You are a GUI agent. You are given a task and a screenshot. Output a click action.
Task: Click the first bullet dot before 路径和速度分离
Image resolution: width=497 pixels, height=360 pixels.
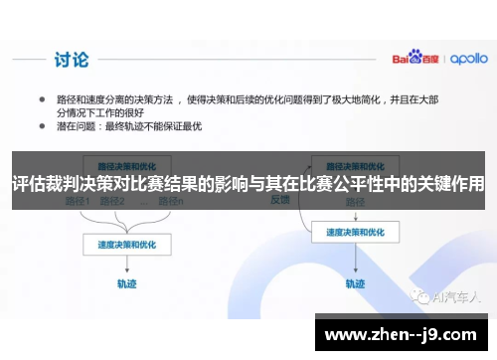(x=42, y=99)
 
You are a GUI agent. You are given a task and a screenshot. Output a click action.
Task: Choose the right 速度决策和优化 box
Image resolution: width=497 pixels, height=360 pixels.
(x=347, y=231)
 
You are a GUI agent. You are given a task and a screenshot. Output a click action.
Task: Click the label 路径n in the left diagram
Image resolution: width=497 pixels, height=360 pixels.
(x=172, y=202)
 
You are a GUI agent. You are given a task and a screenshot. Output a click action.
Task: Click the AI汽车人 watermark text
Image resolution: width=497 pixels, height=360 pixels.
(x=451, y=297)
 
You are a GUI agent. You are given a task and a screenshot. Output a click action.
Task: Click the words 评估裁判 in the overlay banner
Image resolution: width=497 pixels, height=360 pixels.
(x=42, y=183)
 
